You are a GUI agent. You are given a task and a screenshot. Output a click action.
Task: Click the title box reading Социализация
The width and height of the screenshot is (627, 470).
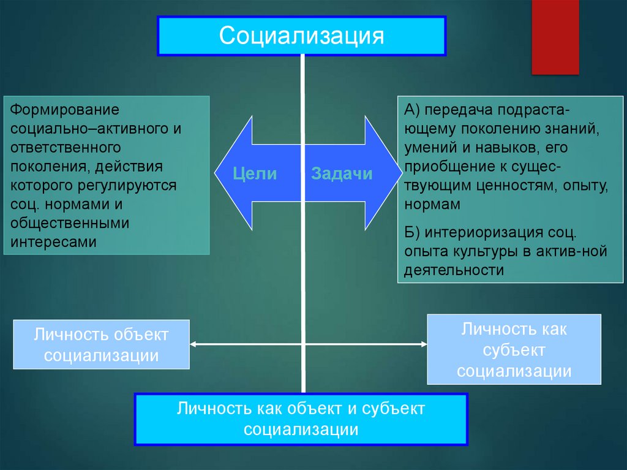(x=302, y=36)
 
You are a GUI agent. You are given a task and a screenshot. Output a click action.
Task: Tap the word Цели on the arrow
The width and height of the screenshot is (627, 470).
(x=255, y=173)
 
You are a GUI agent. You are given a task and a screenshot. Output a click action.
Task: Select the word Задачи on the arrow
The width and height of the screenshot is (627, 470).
(x=342, y=173)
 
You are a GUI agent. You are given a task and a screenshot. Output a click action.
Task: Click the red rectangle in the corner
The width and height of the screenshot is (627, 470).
(x=555, y=37)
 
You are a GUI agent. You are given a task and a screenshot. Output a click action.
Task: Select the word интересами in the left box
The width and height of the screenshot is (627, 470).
(x=54, y=241)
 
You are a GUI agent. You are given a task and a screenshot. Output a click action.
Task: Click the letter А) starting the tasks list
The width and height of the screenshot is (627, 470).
(x=411, y=110)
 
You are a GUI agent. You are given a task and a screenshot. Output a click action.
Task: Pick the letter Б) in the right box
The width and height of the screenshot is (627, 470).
(x=411, y=232)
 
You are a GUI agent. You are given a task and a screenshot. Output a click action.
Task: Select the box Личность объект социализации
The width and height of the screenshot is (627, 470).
(x=101, y=344)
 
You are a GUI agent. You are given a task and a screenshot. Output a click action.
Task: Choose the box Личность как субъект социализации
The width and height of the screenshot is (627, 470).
(x=514, y=349)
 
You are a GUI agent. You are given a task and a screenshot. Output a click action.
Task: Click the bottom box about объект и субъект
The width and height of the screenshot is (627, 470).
(x=301, y=419)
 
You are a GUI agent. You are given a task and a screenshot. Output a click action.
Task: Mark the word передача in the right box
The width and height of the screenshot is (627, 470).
(x=458, y=110)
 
